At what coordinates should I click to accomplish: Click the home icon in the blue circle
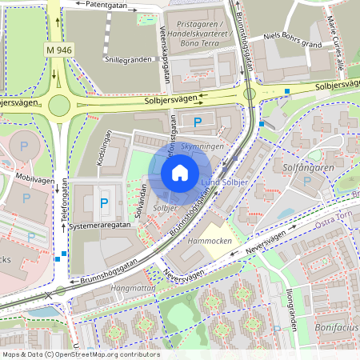click(180, 172)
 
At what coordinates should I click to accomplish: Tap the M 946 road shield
click(59, 50)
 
